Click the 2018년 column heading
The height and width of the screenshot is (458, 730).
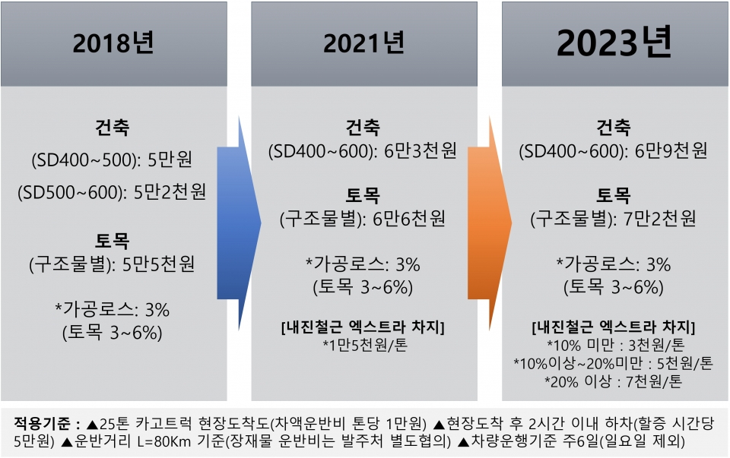[x=113, y=43]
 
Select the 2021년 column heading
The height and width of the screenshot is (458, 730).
[x=364, y=43]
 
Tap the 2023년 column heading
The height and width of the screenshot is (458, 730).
[x=614, y=42]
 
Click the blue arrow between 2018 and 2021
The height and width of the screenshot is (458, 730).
[x=240, y=223]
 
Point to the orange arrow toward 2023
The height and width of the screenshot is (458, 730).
[x=490, y=223]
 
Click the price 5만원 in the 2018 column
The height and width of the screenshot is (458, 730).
[x=170, y=160]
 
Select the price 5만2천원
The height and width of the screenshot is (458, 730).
[x=170, y=191]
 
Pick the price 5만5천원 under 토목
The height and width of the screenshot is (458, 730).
[x=158, y=264]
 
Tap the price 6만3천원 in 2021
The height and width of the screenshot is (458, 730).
[x=421, y=150]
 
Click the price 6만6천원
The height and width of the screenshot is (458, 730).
[x=409, y=219]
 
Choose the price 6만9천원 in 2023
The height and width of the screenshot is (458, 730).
[x=671, y=150]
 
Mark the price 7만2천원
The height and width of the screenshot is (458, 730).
[x=660, y=219]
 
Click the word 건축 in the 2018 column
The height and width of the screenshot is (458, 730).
[x=113, y=127]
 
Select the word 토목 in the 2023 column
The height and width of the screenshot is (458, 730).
[x=614, y=195]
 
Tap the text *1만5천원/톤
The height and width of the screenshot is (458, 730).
[x=365, y=345]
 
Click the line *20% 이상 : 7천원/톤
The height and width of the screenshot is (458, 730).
[x=614, y=381]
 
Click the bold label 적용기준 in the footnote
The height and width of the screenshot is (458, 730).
[x=42, y=423]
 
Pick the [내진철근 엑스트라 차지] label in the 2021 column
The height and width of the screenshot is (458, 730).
[x=363, y=327]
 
